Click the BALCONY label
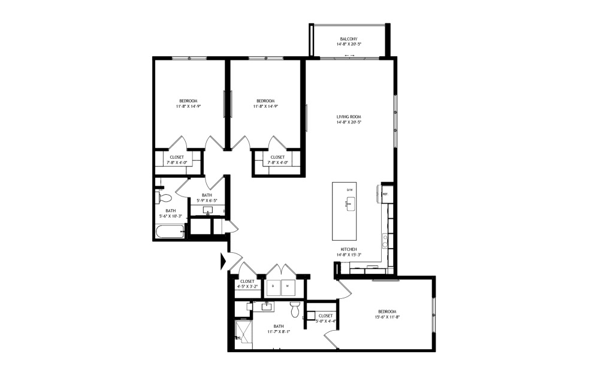349,39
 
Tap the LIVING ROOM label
349,117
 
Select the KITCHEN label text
349,249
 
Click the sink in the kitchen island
348,204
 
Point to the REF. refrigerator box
386,194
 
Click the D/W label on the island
349,190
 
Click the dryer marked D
273,286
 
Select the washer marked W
287,286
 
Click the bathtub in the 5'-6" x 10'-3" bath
171,232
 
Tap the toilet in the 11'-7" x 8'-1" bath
295,310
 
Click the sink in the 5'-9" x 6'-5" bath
208,211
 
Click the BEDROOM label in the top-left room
188,101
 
